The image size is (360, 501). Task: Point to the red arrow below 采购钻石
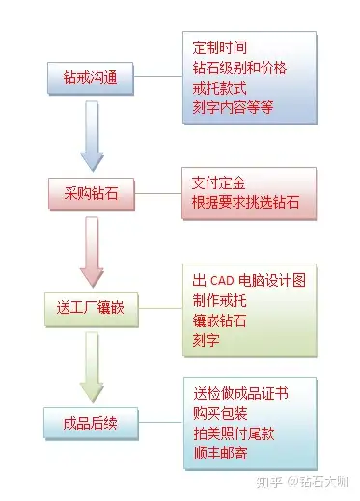(92, 250)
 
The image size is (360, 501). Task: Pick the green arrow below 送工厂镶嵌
(92, 366)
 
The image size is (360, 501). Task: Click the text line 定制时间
(221, 46)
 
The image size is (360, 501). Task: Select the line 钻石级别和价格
(239, 68)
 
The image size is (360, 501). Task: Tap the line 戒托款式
(221, 88)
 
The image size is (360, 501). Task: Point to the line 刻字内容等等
(233, 108)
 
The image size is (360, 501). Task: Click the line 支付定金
(221, 181)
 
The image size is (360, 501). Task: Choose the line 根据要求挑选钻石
(246, 203)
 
